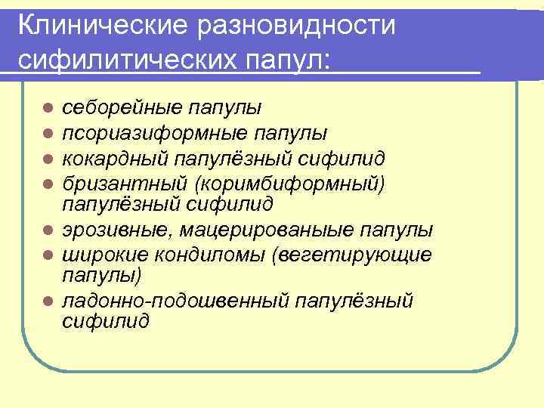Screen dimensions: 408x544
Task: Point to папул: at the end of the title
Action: (297, 60)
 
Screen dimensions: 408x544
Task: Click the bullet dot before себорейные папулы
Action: (48, 109)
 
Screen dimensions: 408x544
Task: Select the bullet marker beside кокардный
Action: (48, 158)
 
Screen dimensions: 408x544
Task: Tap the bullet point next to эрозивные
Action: (48, 230)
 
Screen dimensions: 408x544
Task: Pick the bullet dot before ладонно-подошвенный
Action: (48, 302)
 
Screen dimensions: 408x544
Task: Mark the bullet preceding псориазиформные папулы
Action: (48, 134)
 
